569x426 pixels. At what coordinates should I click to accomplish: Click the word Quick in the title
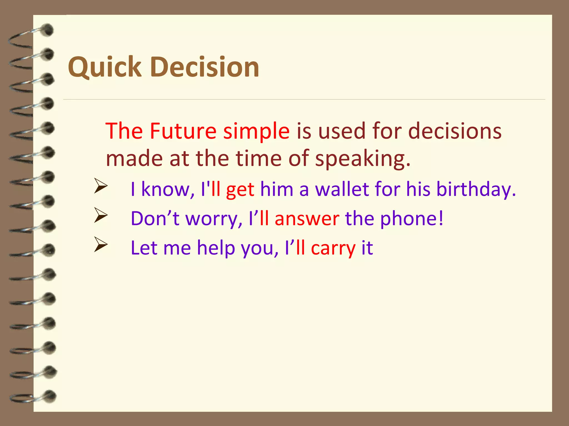pos(105,67)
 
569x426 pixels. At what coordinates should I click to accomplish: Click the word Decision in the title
pos(205,67)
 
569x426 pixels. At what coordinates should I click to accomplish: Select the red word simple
pos(256,131)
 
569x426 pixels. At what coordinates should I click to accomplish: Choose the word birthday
pos(476,190)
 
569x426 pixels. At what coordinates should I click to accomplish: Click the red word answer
pos(307,219)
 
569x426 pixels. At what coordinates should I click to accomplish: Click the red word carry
pos(333,248)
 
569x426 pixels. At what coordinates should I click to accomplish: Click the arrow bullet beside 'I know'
pos(101,186)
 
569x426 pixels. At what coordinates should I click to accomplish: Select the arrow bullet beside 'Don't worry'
pos(101,215)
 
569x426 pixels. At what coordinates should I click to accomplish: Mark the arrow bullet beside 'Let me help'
pos(101,244)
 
